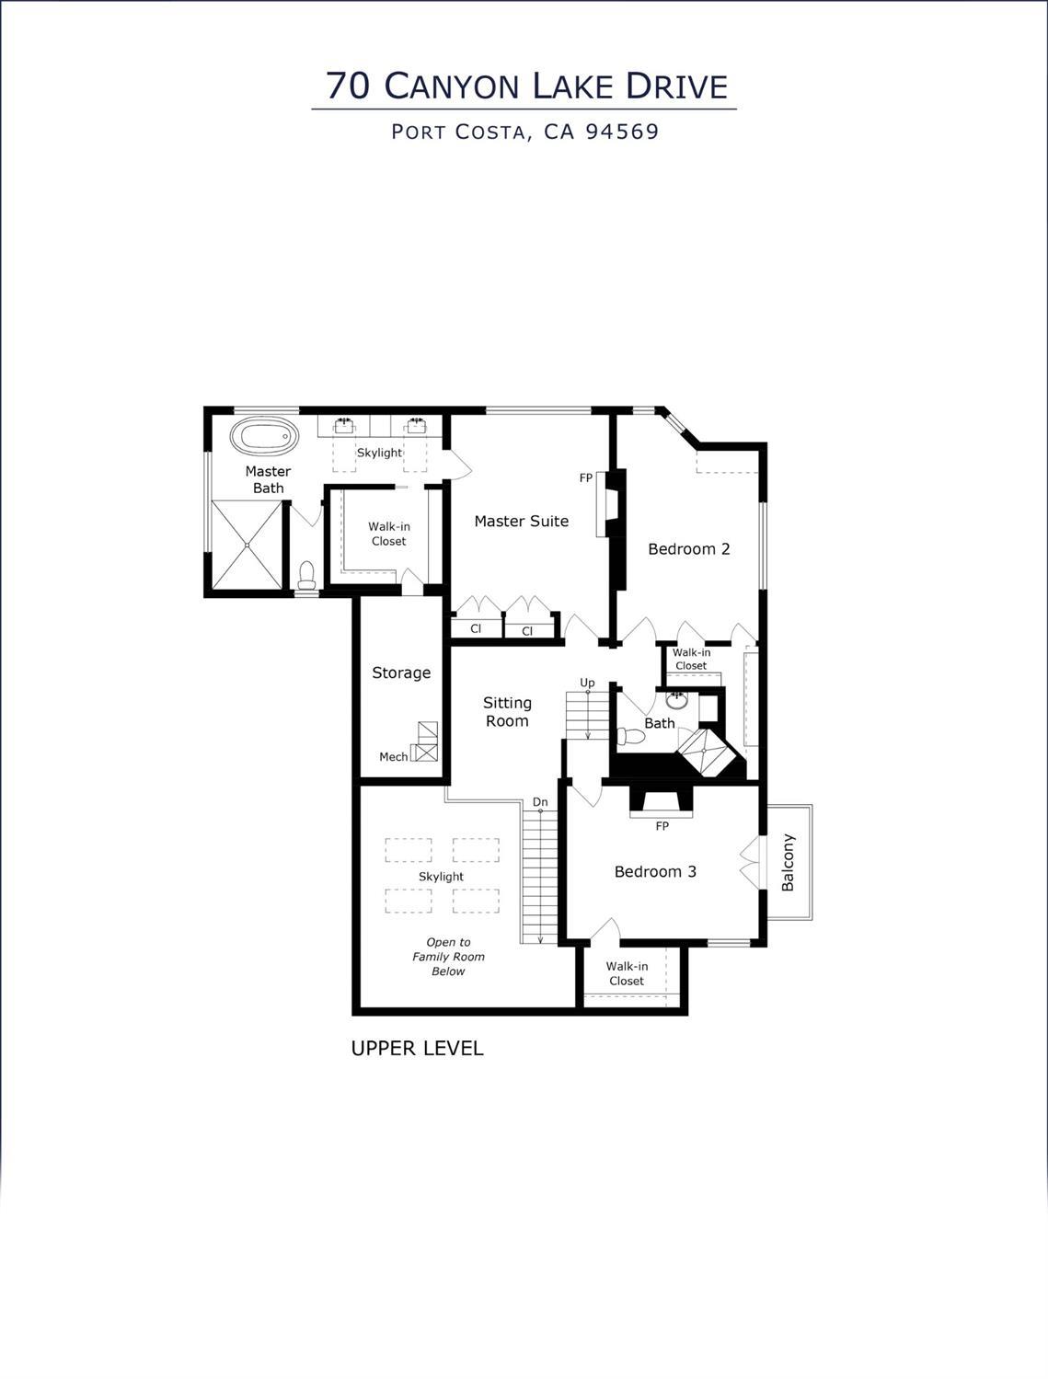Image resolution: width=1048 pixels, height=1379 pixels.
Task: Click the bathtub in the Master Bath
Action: click(x=264, y=436)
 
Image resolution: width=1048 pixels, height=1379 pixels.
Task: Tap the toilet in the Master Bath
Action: click(x=307, y=576)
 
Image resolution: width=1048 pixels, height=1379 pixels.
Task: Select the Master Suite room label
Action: click(x=521, y=522)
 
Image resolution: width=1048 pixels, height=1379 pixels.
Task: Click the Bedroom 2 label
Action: click(x=688, y=549)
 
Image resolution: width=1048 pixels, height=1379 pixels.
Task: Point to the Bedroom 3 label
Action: click(x=655, y=871)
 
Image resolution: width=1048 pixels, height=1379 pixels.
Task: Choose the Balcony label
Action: click(x=788, y=863)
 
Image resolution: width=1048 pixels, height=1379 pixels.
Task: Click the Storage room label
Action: click(x=401, y=673)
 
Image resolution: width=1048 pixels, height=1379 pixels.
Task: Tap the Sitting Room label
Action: click(x=507, y=712)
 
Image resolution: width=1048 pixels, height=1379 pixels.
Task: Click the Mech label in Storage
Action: click(x=393, y=757)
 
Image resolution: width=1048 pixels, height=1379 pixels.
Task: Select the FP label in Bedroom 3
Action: click(x=662, y=826)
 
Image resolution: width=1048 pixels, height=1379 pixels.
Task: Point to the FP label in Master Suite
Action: click(x=586, y=478)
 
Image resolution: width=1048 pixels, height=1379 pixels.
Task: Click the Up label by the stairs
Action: click(x=587, y=683)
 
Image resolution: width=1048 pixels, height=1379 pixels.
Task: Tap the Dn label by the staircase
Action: click(x=540, y=802)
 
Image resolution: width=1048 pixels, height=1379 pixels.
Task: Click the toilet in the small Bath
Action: click(x=630, y=736)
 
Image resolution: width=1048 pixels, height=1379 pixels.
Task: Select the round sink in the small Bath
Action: click(x=677, y=698)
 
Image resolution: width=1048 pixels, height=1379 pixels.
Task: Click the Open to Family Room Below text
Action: click(x=448, y=957)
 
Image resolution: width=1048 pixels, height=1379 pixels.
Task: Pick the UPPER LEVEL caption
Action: click(x=417, y=1048)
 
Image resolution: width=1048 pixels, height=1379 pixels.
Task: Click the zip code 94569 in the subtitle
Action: click(x=623, y=132)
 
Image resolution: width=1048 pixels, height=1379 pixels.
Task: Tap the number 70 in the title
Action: click(x=349, y=86)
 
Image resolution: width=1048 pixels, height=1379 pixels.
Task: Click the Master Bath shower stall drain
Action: click(x=247, y=545)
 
